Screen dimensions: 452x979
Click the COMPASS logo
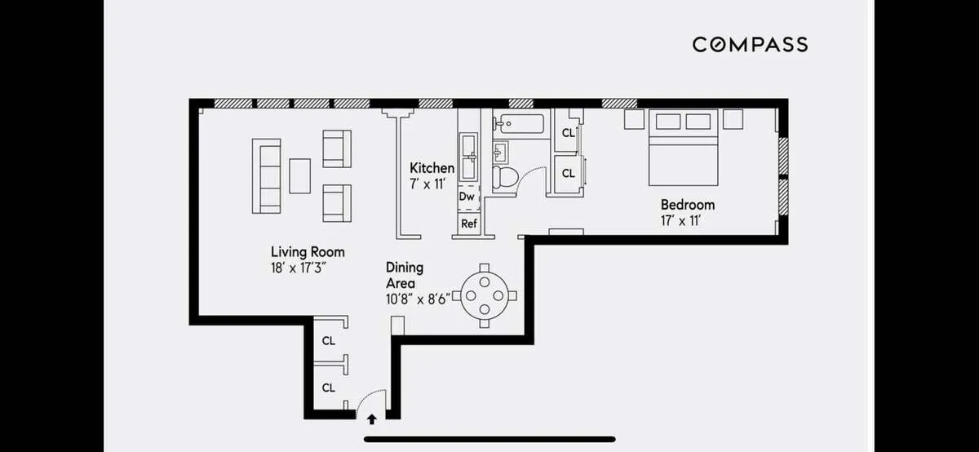[x=750, y=44]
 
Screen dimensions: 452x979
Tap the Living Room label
[x=308, y=252]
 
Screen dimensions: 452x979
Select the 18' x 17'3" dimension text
[x=303, y=267]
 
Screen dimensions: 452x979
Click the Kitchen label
[x=432, y=168]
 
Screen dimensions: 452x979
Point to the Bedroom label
[x=687, y=205]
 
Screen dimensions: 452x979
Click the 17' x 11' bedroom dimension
[x=681, y=220]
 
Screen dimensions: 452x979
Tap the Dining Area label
[x=404, y=275]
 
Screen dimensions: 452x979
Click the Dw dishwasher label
[x=467, y=197]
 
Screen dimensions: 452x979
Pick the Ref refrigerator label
[x=468, y=224]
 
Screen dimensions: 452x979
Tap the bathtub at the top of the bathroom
[x=520, y=125]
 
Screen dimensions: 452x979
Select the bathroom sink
[x=501, y=152]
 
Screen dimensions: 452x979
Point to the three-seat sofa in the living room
[x=266, y=175]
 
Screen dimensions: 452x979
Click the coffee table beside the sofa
[x=299, y=175]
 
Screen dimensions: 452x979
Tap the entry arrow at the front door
[x=372, y=419]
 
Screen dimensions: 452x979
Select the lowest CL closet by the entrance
[x=328, y=388]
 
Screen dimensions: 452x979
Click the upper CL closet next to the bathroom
[x=568, y=133]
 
